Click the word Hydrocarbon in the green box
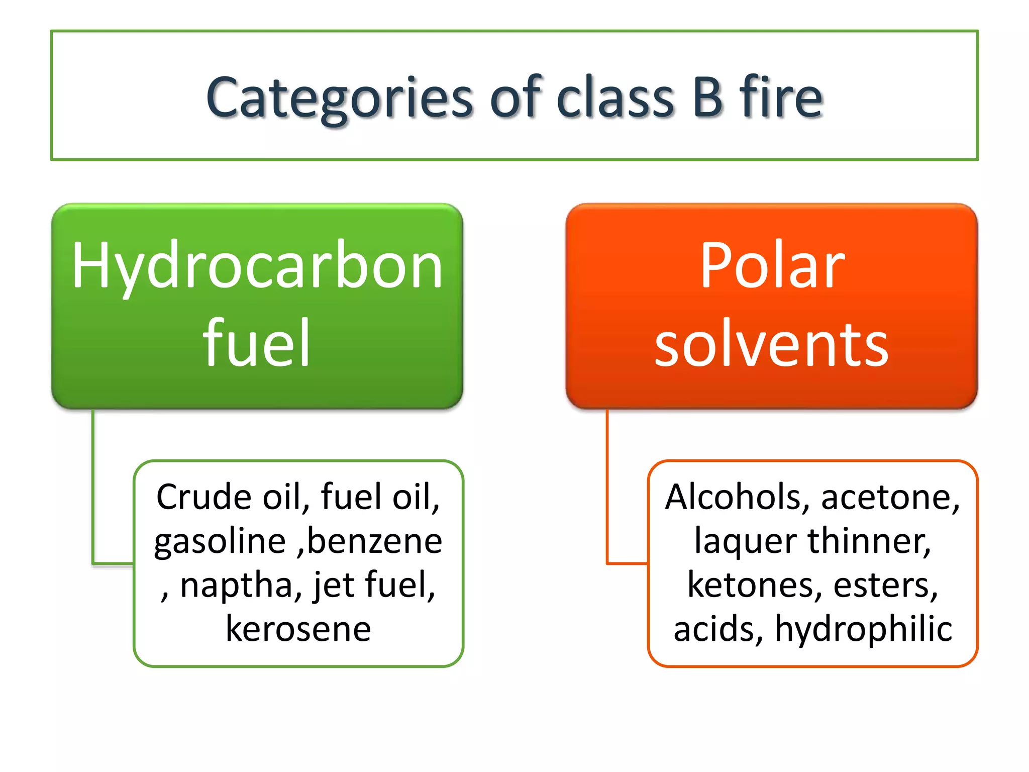click(x=257, y=266)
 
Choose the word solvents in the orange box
click(x=772, y=345)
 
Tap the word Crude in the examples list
click(x=203, y=497)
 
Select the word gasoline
click(x=220, y=541)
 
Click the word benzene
click(x=374, y=541)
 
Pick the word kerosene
click(x=298, y=629)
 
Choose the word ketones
click(x=754, y=586)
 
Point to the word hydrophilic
click(x=863, y=629)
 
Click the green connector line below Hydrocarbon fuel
click(x=93, y=488)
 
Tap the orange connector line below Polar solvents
click(x=607, y=488)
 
